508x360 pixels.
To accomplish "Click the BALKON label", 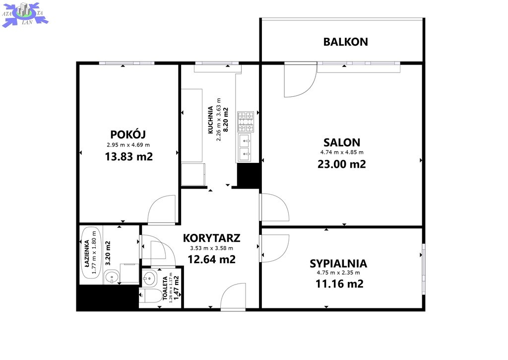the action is pos(345,42).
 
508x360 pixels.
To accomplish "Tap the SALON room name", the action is pos(342,143).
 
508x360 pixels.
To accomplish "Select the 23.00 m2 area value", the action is pos(342,164).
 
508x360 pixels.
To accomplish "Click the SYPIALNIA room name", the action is pos(338,264).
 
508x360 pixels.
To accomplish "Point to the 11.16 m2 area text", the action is pos(339,284).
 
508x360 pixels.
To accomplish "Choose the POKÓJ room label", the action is pos(128,134).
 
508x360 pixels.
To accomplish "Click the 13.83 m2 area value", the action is pos(128,156).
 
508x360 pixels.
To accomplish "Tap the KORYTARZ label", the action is pos(211,238).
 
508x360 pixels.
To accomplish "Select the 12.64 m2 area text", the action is pos(211,260).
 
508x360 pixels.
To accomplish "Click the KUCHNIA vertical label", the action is pos(210,120).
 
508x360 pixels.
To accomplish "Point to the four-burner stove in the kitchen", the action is pos(246,122).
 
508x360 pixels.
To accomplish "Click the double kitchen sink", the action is pos(245,147).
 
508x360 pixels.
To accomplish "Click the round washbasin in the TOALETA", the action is pos(149,278).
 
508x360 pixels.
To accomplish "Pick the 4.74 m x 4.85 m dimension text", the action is pos(342,152).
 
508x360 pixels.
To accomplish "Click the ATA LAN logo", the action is pos(25,14).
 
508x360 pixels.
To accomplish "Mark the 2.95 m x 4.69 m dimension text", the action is pos(128,145).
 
